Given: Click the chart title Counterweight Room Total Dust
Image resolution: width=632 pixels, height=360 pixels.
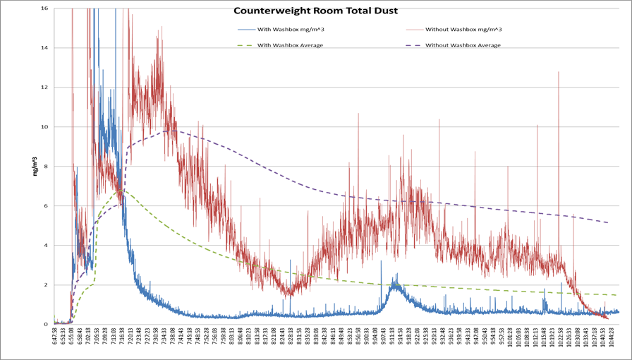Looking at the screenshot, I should coord(315,11).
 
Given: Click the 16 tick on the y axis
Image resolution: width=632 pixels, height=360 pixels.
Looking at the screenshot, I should coord(44,8).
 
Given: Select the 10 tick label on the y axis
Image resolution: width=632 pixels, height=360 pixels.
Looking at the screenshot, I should coord(44,127).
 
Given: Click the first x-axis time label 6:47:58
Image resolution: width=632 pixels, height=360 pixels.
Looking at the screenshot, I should coord(55,342).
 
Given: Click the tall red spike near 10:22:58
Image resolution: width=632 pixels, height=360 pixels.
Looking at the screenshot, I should coord(559,73).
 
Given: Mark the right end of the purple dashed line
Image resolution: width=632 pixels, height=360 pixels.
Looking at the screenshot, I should coord(608,222).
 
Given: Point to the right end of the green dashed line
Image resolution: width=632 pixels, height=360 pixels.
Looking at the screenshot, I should coord(616,295).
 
